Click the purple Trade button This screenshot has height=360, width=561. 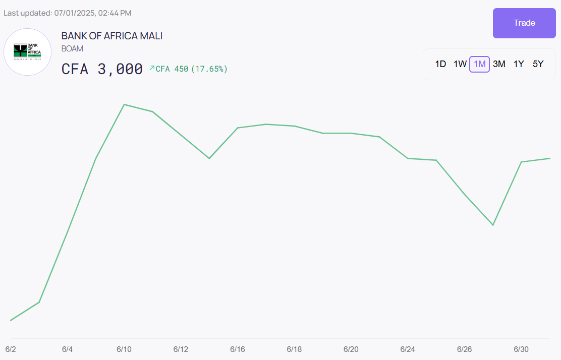click(x=524, y=23)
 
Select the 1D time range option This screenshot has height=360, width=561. click(x=440, y=64)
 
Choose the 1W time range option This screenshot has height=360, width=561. click(x=460, y=64)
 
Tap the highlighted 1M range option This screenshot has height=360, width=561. click(x=479, y=64)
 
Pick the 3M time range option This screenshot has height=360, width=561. click(x=499, y=64)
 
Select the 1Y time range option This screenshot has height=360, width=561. click(x=519, y=64)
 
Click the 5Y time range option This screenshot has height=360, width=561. click(x=538, y=64)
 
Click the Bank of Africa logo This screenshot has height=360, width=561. click(x=27, y=52)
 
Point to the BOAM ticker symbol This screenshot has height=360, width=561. click(x=72, y=49)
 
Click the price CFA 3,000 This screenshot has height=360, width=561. click(x=102, y=69)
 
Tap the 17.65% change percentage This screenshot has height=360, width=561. click(x=209, y=69)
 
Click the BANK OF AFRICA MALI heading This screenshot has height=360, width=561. click(x=111, y=36)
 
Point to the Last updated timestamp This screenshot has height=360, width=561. click(x=67, y=13)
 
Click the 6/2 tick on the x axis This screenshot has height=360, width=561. click(x=11, y=349)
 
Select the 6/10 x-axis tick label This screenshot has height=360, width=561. click(x=124, y=349)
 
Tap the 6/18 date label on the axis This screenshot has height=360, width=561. click(x=294, y=349)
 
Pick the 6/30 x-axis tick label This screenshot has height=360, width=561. click(x=521, y=349)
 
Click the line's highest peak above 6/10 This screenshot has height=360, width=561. click(x=124, y=104)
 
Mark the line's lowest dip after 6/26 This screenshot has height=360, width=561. click(x=492, y=225)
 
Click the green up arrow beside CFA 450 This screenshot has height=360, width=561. click(x=152, y=68)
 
